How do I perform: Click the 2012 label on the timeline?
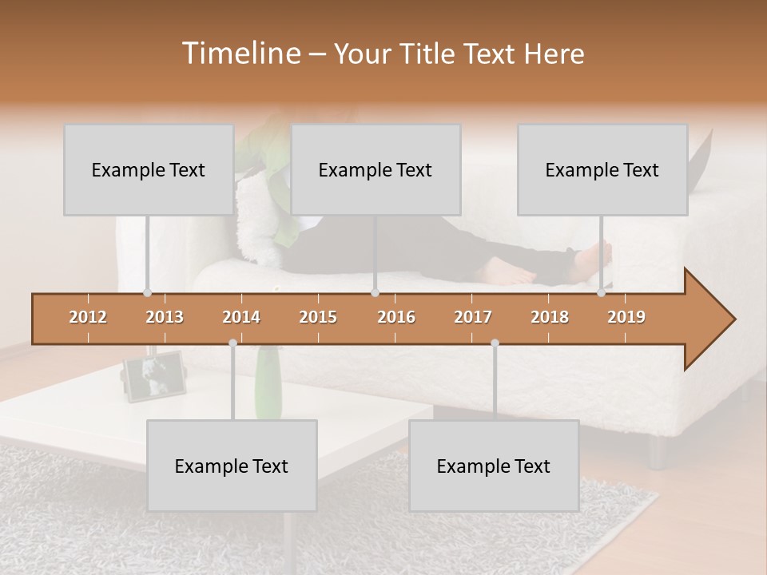[88, 317]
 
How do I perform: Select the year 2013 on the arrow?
[165, 317]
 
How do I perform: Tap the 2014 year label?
[241, 317]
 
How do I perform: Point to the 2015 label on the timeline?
[318, 317]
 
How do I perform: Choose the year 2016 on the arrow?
[396, 317]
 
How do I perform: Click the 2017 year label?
[473, 317]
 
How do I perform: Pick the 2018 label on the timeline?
[550, 317]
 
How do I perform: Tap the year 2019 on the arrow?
[626, 317]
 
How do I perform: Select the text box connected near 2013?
[149, 169]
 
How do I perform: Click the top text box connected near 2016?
[376, 169]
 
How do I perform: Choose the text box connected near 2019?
[602, 169]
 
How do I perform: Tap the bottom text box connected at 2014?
[232, 466]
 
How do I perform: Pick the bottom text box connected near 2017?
[494, 466]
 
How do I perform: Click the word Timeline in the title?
[240, 54]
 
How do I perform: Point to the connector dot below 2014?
[232, 343]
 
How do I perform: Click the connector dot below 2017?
[495, 343]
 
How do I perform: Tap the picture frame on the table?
[155, 376]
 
